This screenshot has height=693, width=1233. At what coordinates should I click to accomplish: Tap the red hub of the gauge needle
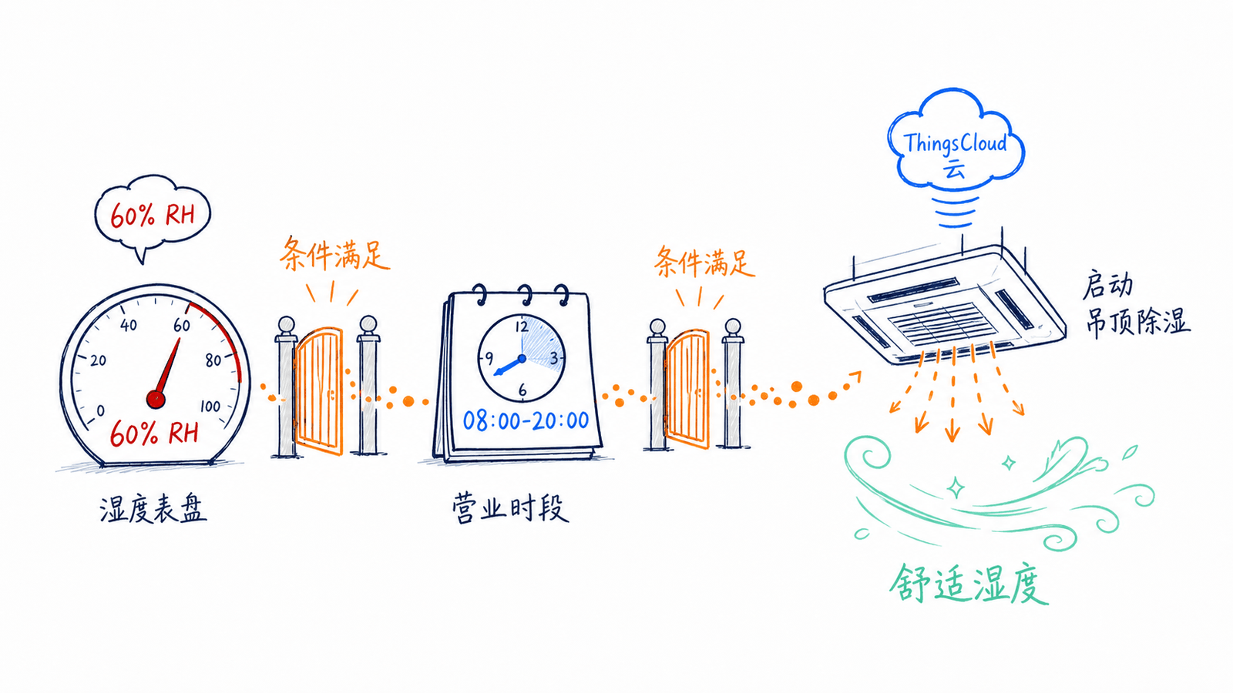tap(156, 399)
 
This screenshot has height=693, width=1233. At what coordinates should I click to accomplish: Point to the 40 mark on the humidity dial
tap(128, 325)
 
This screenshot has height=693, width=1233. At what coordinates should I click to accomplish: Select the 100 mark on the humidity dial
tap(210, 407)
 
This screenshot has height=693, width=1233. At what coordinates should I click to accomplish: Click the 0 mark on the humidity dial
tap(101, 411)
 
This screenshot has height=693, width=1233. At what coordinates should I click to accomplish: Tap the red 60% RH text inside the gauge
tap(153, 434)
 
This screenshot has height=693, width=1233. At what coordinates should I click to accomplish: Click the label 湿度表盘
tap(153, 509)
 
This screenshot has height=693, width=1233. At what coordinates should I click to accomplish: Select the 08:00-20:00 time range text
tap(526, 420)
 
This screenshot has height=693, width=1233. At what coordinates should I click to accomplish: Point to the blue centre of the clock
tap(522, 359)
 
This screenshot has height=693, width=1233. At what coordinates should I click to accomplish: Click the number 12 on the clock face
tap(522, 327)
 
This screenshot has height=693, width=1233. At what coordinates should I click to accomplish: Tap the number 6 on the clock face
tap(522, 390)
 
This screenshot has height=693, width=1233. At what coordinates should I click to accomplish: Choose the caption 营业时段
tap(510, 507)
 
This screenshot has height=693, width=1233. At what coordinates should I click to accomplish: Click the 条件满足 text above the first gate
tap(334, 254)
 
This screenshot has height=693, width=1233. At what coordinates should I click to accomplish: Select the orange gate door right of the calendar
tap(687, 388)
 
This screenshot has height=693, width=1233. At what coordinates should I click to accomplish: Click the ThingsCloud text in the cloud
tap(955, 143)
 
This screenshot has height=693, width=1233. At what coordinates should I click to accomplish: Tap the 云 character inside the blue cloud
tap(955, 169)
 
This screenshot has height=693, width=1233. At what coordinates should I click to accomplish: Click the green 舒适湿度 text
tap(969, 584)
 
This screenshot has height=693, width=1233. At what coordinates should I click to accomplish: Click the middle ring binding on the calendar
tap(526, 294)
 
